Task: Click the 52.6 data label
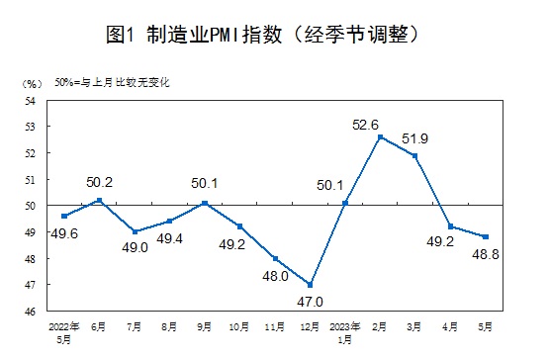coord(394,124)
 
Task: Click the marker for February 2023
coord(380,136)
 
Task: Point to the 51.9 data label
coord(429,138)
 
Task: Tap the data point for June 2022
coord(99,200)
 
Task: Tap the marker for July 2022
coord(135,231)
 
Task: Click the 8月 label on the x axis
coord(169,324)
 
